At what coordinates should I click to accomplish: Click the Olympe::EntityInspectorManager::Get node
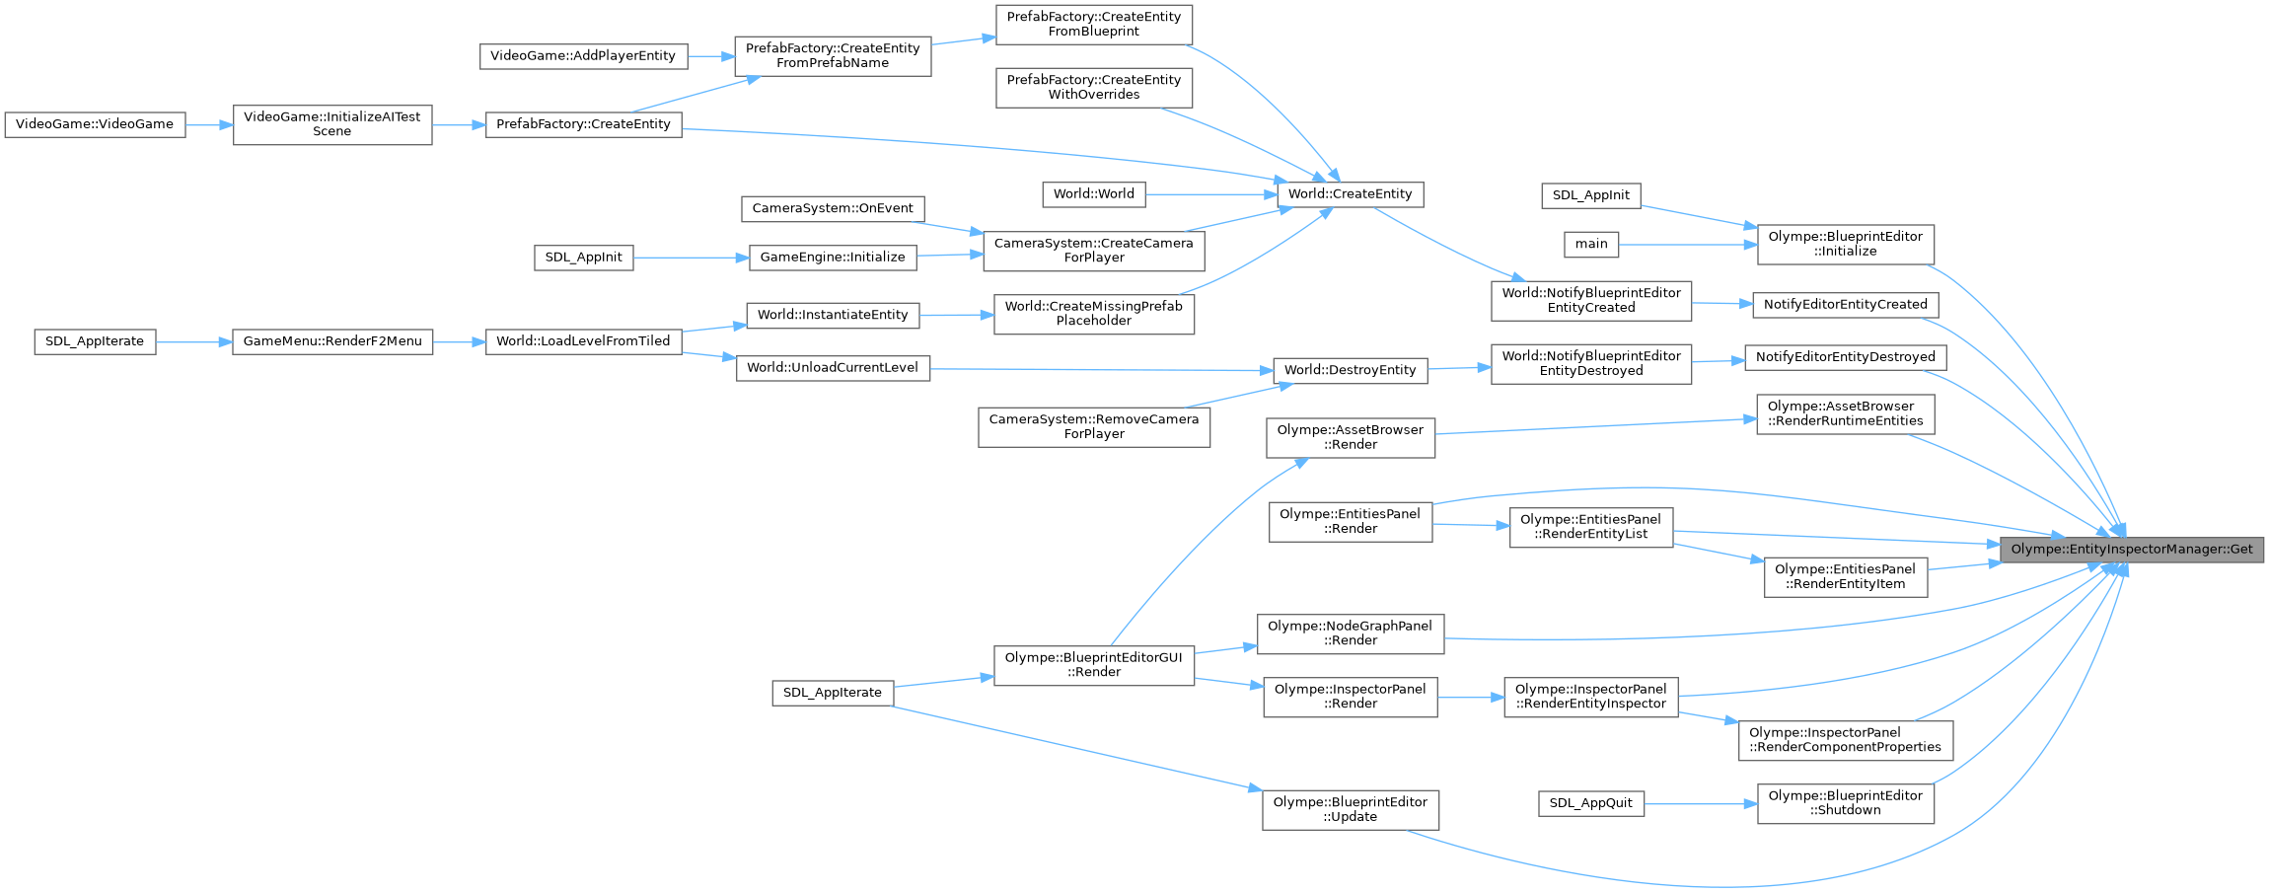point(2131,550)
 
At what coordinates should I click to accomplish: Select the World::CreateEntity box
point(1350,194)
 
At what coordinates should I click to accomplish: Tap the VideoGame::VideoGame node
point(95,124)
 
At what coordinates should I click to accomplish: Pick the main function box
point(1590,244)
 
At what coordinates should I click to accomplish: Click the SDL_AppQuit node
point(1590,803)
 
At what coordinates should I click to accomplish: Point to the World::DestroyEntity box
point(1350,370)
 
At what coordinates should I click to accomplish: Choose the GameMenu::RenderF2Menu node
point(331,341)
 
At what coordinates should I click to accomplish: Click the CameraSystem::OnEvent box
point(833,208)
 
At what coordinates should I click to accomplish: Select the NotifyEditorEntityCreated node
point(1845,305)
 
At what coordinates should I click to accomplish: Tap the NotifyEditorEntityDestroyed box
point(1845,357)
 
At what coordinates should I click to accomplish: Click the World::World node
point(1093,194)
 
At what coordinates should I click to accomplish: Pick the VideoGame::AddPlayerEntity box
point(582,56)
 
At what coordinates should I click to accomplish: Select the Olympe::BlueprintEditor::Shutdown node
point(1845,803)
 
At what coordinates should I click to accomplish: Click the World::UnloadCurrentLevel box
point(832,368)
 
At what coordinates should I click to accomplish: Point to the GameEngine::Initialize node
point(832,258)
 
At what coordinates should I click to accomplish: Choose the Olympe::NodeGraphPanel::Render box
point(1350,633)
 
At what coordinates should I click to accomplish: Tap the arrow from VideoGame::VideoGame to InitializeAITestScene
point(208,125)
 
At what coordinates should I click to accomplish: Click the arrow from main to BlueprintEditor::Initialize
point(1687,245)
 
